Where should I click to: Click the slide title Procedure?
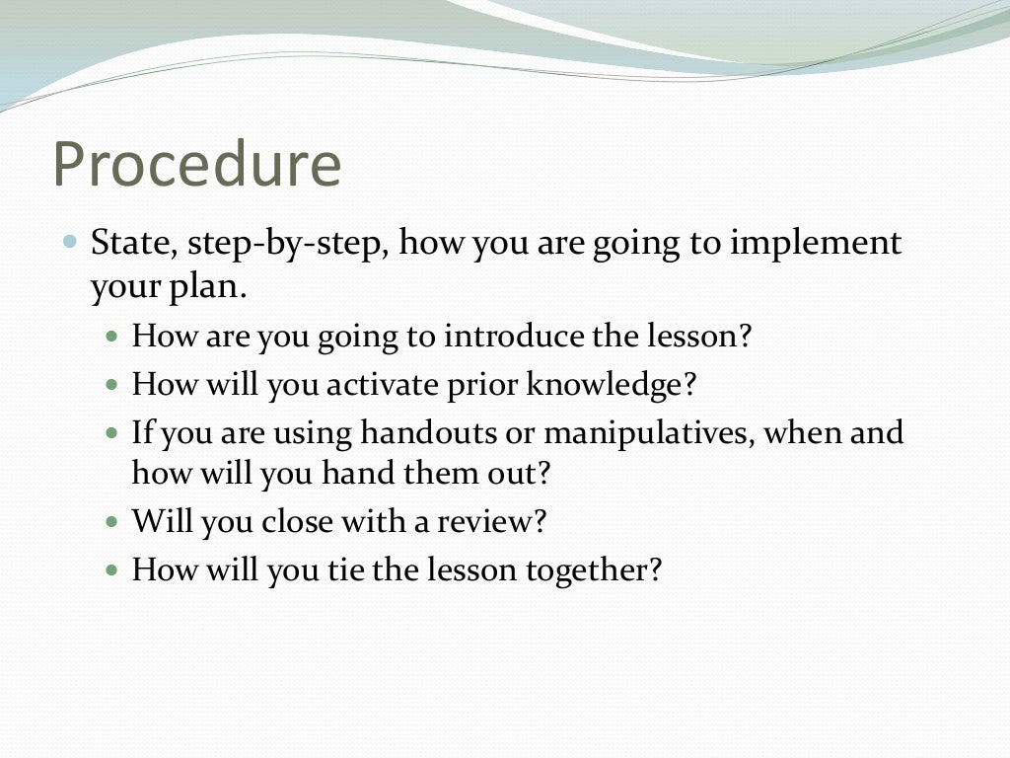click(x=197, y=165)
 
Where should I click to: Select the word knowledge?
click(x=610, y=384)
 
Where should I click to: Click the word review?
click(x=491, y=521)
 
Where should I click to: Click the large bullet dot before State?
click(x=69, y=241)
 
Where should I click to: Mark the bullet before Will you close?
click(x=111, y=521)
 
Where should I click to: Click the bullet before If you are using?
click(x=111, y=432)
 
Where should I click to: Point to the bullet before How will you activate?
click(x=111, y=384)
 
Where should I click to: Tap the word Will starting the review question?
click(x=162, y=521)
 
